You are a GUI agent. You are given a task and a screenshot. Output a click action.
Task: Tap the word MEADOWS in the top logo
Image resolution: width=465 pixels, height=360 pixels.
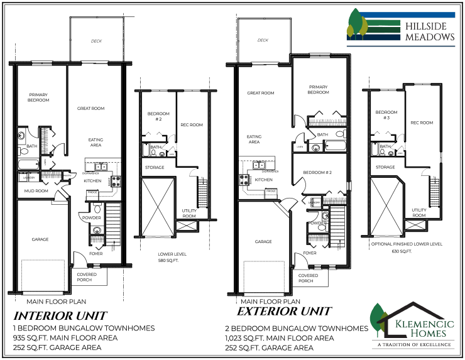(x=430, y=38)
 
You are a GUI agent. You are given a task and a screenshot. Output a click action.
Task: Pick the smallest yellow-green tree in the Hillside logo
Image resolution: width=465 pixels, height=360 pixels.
(x=350, y=30)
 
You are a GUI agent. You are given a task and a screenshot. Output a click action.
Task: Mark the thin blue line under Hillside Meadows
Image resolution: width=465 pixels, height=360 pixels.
(x=400, y=46)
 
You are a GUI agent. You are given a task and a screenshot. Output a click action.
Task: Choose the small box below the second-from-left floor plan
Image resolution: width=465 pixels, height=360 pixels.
(x=186, y=226)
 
